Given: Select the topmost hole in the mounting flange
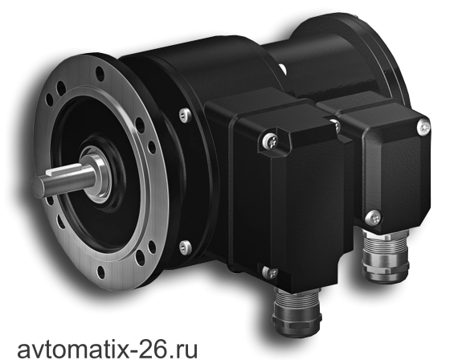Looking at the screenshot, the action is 100,74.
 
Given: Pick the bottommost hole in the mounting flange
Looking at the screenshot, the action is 100,272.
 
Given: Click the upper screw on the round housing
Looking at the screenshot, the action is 185,115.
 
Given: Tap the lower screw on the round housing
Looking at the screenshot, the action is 185,247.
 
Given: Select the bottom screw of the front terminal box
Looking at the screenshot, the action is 270,273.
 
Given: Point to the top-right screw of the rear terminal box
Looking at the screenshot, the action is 423,127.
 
